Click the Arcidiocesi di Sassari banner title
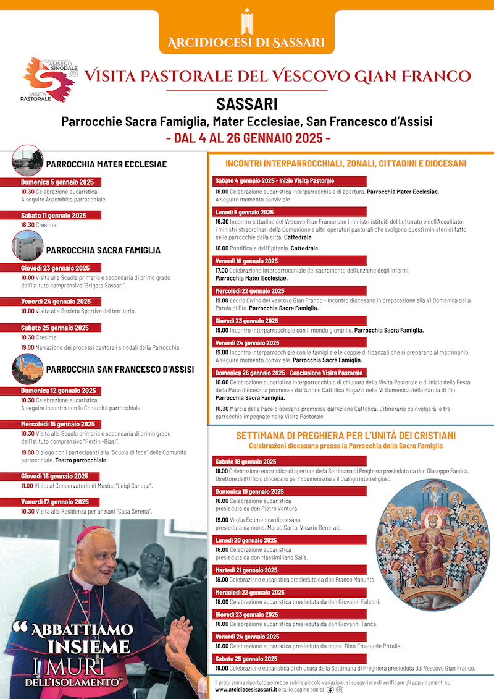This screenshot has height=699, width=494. [x=246, y=43]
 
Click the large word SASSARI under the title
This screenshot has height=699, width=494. [x=246, y=103]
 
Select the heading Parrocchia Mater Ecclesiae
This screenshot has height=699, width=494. [x=106, y=164]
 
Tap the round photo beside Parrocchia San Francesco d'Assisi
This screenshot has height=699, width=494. [x=27, y=367]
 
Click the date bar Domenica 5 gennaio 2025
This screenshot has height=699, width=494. [x=57, y=182]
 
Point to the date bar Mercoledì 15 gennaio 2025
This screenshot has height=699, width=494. [x=58, y=424]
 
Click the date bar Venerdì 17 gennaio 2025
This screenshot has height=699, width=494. [x=55, y=502]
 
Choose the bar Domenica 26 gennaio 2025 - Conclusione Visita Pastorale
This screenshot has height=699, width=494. [x=289, y=373]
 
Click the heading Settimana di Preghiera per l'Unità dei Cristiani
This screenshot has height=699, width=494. [x=346, y=436]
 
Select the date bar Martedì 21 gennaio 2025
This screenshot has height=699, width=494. [x=246, y=570]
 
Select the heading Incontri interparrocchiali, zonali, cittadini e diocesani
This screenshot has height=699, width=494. [x=346, y=164]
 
